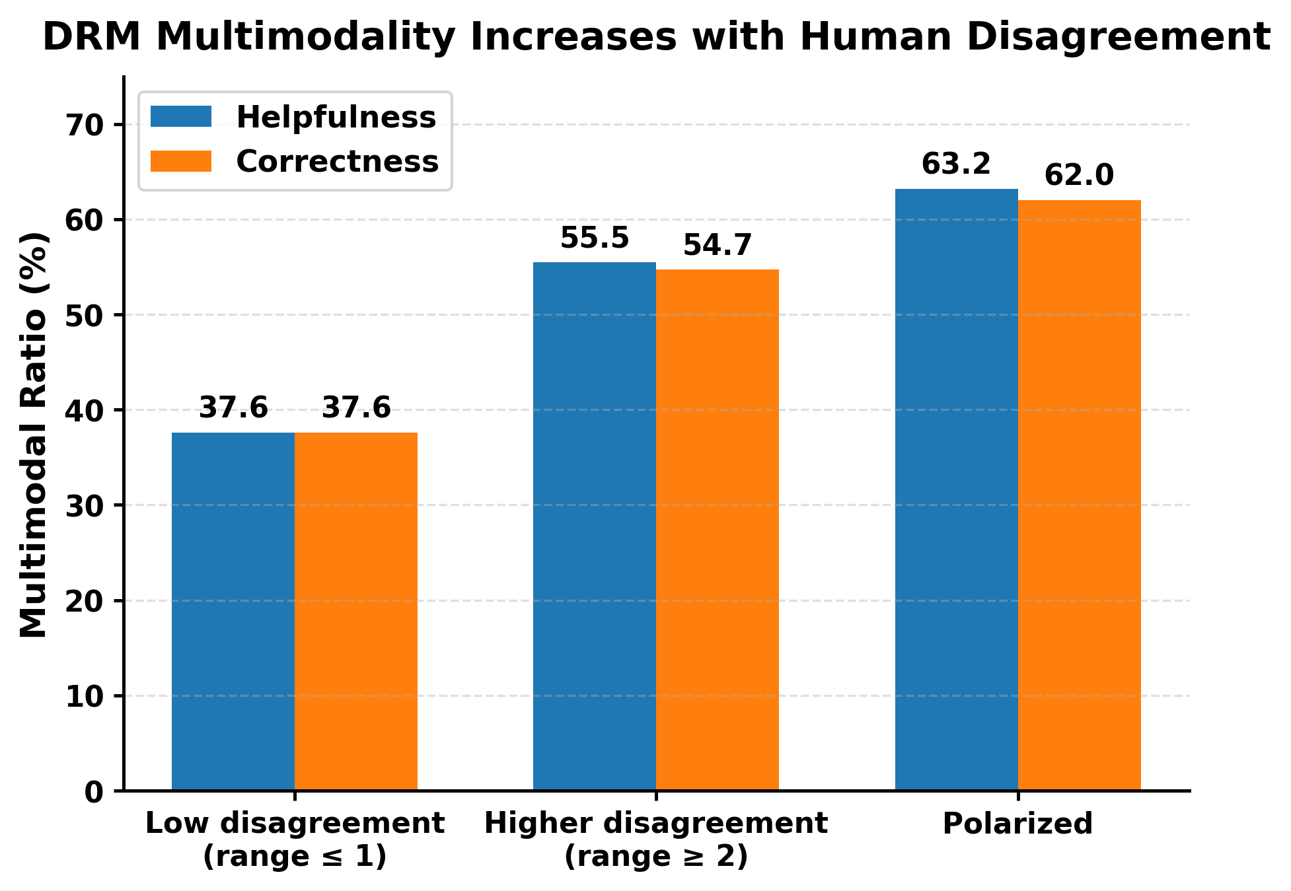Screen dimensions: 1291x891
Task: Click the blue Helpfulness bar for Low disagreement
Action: tap(233, 611)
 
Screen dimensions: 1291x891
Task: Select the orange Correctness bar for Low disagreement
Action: tap(356, 611)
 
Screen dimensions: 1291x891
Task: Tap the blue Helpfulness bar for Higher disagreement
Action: tap(595, 526)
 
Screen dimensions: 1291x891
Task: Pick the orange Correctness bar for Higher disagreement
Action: tap(718, 530)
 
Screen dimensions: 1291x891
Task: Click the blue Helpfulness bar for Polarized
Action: tap(957, 489)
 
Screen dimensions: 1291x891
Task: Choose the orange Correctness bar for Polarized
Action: tap(1080, 495)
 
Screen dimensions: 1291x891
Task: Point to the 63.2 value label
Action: tap(957, 164)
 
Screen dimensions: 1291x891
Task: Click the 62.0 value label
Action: tap(1080, 176)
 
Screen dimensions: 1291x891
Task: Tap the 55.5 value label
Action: tap(595, 238)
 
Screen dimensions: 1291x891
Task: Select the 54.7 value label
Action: tap(718, 245)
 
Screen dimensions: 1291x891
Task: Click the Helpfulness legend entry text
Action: tap(336, 118)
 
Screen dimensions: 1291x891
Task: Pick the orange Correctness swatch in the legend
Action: tap(181, 161)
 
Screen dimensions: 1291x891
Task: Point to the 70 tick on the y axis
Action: tap(87, 124)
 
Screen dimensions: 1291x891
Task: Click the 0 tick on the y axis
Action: tap(97, 791)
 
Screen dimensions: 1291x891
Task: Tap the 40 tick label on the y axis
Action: tap(87, 410)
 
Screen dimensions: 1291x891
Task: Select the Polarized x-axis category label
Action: tap(1018, 824)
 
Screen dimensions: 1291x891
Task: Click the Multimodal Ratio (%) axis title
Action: tap(33, 435)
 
